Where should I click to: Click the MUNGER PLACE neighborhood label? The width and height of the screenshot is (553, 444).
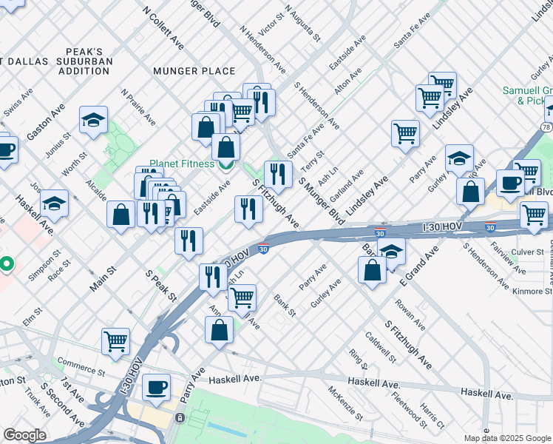coord(194,71)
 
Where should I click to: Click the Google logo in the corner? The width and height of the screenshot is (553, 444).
coord(24,435)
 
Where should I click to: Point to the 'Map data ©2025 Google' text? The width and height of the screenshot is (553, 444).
coord(507,438)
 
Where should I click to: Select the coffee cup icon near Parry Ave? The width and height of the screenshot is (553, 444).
coord(156,387)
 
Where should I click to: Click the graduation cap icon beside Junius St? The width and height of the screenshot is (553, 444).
coord(94,120)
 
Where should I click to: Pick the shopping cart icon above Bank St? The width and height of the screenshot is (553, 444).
coord(242,297)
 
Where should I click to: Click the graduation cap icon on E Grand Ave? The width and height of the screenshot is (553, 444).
coord(391,250)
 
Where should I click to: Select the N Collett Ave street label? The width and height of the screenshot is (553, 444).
coord(163,29)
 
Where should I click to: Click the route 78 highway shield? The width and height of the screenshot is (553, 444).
coord(546,127)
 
